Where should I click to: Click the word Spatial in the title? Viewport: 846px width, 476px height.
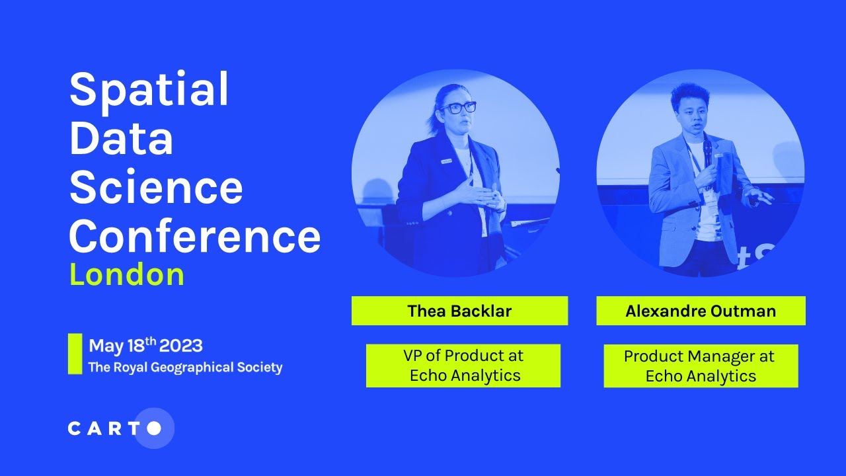click(149, 90)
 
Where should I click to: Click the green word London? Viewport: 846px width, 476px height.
click(127, 274)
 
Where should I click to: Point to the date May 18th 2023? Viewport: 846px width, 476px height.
click(145, 346)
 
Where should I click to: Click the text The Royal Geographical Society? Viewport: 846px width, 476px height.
click(185, 368)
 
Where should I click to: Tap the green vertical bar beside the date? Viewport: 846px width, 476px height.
click(75, 354)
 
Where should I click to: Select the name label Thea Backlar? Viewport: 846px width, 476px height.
click(459, 311)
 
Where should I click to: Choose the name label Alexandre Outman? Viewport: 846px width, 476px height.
click(701, 311)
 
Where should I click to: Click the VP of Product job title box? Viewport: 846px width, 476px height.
click(463, 366)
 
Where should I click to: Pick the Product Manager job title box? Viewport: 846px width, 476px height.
click(701, 366)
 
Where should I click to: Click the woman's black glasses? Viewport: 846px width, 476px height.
click(458, 107)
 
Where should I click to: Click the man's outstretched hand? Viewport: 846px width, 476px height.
click(755, 196)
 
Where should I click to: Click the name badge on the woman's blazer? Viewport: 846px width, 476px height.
click(447, 161)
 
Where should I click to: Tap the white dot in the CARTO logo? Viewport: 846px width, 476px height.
click(154, 428)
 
